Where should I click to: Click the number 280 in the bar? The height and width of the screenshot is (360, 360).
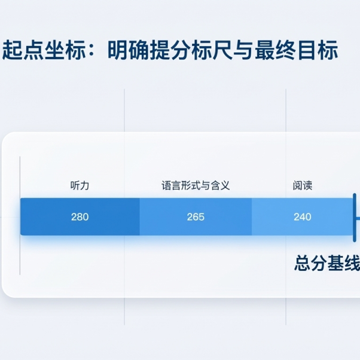[80, 217]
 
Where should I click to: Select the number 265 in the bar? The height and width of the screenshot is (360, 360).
[196, 217]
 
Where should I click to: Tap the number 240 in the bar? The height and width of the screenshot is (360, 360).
[303, 217]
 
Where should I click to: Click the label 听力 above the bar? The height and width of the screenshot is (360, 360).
[80, 185]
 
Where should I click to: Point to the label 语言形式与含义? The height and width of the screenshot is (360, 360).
[196, 185]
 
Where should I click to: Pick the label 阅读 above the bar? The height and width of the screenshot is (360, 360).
[303, 185]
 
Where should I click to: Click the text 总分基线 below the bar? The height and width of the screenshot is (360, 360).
[327, 263]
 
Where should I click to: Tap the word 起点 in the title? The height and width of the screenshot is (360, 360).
[22, 50]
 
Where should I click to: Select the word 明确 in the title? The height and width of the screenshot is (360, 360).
[128, 50]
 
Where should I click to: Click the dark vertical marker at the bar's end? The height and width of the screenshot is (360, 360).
[355, 218]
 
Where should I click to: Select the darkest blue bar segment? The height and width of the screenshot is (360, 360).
[80, 216]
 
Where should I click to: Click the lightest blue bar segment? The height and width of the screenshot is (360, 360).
[303, 216]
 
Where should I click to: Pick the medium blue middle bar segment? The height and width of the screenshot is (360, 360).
[196, 216]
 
